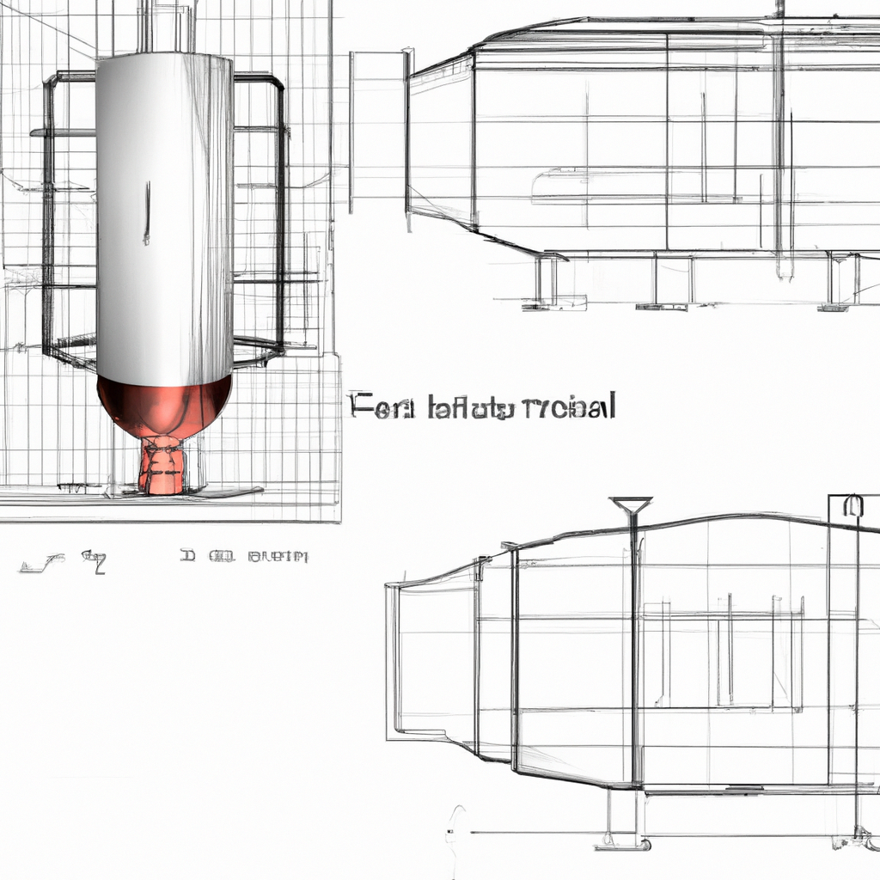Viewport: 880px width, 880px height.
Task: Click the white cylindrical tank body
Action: point(163,215)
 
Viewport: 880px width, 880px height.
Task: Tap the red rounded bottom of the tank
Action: point(163,404)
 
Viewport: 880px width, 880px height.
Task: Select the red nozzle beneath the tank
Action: point(162,468)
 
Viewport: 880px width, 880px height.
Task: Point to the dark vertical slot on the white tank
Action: point(147,211)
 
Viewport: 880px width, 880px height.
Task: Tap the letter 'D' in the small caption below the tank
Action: point(187,557)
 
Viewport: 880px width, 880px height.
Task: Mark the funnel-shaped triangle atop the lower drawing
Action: point(630,505)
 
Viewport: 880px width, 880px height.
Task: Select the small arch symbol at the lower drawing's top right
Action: point(852,506)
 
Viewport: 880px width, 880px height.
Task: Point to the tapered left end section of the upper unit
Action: point(440,142)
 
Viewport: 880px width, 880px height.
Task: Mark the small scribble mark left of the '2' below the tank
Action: point(43,564)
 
